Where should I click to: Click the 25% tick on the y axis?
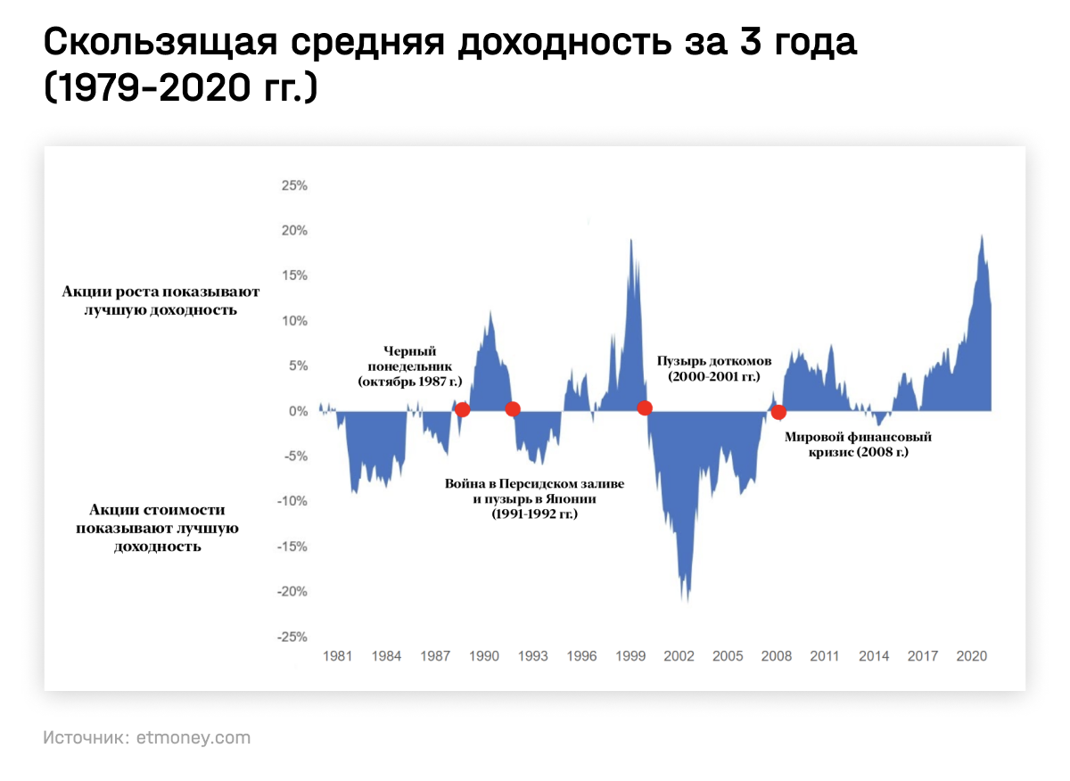click(x=294, y=186)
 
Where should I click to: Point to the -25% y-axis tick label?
click(x=292, y=637)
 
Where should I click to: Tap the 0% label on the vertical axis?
click(x=297, y=412)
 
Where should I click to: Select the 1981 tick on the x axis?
click(x=337, y=657)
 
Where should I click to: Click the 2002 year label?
click(x=679, y=657)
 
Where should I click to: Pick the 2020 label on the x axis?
click(x=971, y=657)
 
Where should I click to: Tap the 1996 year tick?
click(x=581, y=657)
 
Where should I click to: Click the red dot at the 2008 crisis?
click(x=778, y=412)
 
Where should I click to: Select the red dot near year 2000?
click(x=645, y=407)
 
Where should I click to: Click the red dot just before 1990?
click(x=462, y=409)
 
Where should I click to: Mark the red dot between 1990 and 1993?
click(x=512, y=409)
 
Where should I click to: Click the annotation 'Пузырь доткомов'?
click(x=713, y=360)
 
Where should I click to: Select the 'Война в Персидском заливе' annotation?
click(x=534, y=483)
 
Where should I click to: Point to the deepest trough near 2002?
click(x=687, y=599)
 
